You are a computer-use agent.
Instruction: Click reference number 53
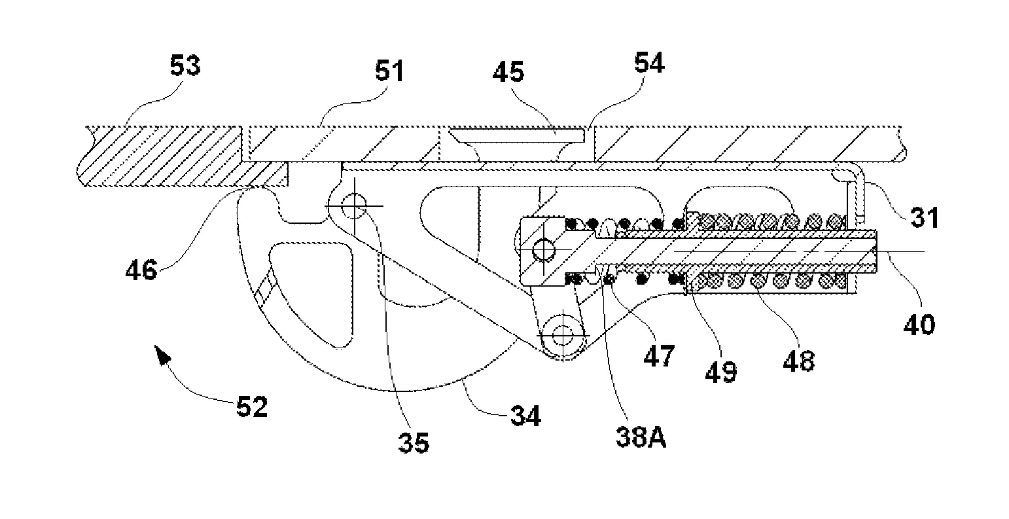[185, 65]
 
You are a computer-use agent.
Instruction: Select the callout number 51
[389, 71]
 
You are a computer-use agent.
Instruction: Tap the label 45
[508, 72]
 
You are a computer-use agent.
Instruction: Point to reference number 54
[649, 63]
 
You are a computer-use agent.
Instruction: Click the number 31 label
[925, 217]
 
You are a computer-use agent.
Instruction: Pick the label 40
[919, 324]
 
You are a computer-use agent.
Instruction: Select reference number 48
[799, 361]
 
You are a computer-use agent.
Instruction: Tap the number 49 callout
[721, 372]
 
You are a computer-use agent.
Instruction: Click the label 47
[659, 356]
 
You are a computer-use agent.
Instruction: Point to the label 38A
[641, 437]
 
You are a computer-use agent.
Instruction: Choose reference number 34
[525, 416]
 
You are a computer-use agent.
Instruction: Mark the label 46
[141, 270]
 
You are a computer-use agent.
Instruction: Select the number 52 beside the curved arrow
[253, 406]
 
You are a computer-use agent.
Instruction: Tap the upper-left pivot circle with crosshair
[355, 206]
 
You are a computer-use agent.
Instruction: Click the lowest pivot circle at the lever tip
[563, 334]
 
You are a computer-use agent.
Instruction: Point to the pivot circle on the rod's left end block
[544, 250]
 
